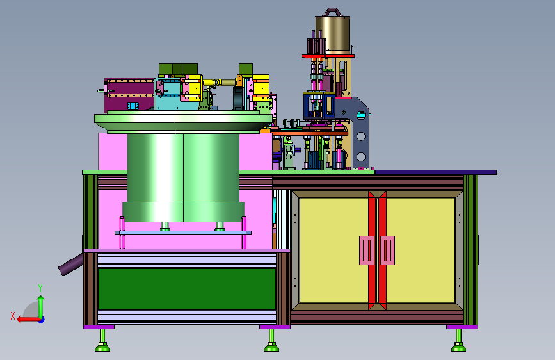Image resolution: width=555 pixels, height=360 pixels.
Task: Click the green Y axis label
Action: click(40, 288)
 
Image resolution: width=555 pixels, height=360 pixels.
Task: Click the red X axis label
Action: click(13, 316)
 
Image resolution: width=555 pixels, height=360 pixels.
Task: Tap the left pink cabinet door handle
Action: click(367, 250)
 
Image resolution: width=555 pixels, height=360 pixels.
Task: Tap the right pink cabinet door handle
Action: click(387, 250)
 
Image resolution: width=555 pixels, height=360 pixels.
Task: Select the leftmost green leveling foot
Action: click(102, 341)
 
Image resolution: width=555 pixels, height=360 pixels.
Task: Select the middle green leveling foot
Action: click(271, 341)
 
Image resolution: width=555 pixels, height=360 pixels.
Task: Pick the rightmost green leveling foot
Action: click(458, 341)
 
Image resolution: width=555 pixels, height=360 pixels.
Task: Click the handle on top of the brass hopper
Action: click(333, 12)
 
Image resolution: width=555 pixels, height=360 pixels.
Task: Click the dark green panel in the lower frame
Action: click(187, 289)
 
